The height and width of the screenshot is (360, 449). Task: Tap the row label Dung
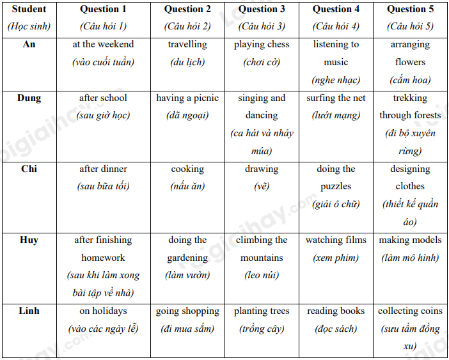click(29, 98)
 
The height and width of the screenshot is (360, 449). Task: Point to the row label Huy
click(29, 240)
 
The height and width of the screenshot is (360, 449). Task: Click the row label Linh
click(29, 311)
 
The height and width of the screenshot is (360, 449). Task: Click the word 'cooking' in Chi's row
click(187, 169)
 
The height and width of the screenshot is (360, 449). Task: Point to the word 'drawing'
click(262, 169)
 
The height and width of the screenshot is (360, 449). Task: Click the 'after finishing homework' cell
click(103, 249)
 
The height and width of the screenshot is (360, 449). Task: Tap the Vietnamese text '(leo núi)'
click(262, 276)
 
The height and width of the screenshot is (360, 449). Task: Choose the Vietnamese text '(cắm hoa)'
click(410, 80)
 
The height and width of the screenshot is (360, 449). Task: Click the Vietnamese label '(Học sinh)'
click(29, 27)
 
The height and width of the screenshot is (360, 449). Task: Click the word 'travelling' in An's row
click(187, 45)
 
